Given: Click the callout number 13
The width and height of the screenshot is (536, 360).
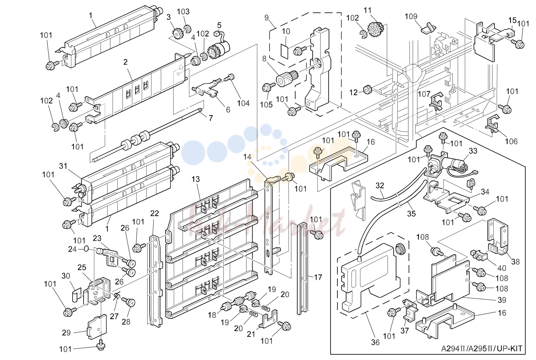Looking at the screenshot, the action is tap(196, 179).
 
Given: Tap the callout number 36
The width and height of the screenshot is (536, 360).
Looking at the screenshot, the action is tap(375, 342).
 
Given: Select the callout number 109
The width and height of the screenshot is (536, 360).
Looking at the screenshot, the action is tap(411, 16).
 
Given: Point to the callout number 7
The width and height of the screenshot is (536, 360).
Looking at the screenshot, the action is tap(211, 118).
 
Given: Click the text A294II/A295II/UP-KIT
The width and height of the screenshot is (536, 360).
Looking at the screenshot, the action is tap(481, 348).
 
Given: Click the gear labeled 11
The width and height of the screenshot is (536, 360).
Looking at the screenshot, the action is tap(375, 29).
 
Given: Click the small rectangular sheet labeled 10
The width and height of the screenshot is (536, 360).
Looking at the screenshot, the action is tap(284, 51).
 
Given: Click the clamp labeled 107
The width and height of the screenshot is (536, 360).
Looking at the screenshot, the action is tap(436, 102).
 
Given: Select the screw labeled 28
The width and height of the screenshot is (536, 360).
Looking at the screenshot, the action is tap(129, 302).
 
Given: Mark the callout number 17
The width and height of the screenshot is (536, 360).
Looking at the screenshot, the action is tap(318, 277).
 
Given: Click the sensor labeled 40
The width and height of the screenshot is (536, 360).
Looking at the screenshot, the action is tap(479, 255).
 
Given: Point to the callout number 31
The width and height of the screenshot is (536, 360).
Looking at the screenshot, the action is tap(63, 166).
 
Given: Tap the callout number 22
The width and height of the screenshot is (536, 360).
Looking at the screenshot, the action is tap(154, 213).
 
